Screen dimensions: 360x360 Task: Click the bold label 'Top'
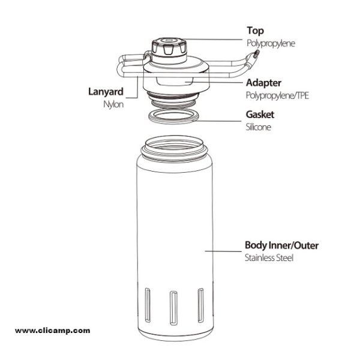[x=256, y=31]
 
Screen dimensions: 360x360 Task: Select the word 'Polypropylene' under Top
[x=271, y=43]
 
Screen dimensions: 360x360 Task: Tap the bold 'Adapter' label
[x=263, y=83]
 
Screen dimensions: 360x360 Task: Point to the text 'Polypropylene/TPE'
[x=277, y=95]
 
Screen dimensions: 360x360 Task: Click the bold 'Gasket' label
[x=260, y=115]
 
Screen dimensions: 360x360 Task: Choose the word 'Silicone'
[x=259, y=127]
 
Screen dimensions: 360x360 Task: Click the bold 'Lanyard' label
[x=106, y=92]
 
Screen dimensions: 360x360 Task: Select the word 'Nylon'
[x=113, y=104]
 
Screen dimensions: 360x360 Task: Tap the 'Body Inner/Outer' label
[x=282, y=245]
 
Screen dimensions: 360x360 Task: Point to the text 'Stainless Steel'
[x=269, y=258]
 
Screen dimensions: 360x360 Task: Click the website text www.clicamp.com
[x=53, y=331]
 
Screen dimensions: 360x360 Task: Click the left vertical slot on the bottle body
[x=148, y=305]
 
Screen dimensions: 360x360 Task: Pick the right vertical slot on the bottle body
[x=200, y=305]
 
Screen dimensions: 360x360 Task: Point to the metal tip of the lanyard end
[x=256, y=53]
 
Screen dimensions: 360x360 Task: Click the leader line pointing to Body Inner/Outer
[x=223, y=251]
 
